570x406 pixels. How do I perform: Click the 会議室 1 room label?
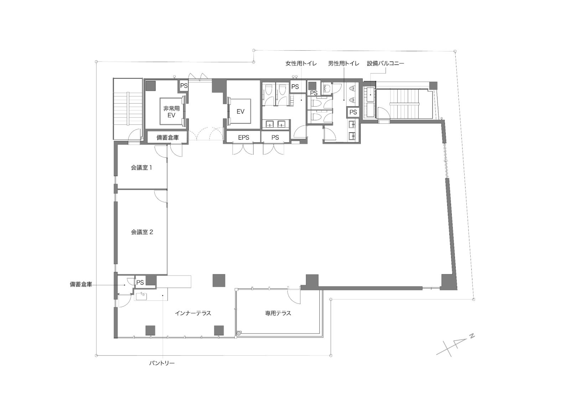(x=141, y=168)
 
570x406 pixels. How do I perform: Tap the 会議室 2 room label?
(x=142, y=232)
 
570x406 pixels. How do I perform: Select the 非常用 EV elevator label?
(x=171, y=112)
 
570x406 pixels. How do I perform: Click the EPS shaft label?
(x=244, y=138)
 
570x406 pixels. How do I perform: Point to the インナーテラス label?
(x=193, y=313)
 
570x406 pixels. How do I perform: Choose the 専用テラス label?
(x=278, y=313)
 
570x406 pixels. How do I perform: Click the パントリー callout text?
(x=162, y=363)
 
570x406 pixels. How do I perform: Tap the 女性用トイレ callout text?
(x=301, y=64)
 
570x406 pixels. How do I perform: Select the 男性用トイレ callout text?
(x=343, y=64)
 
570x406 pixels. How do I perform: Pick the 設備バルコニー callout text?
(x=385, y=64)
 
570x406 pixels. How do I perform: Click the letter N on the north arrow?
(x=472, y=336)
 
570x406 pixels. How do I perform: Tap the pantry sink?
(x=141, y=296)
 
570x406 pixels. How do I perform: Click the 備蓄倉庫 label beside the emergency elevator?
(x=167, y=138)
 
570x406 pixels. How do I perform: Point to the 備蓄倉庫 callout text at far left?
(x=81, y=284)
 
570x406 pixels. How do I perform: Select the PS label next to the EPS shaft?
(x=275, y=138)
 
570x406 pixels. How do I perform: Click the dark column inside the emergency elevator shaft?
(x=151, y=86)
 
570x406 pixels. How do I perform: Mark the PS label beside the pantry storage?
(x=140, y=283)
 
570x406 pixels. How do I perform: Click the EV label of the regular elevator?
(x=240, y=111)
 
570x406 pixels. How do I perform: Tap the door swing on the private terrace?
(x=294, y=297)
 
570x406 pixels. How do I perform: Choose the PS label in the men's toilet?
(x=353, y=112)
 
